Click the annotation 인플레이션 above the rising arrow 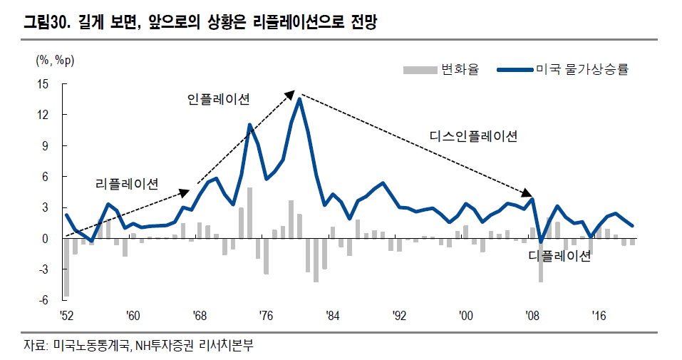pos(218,100)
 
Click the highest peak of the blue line pos(299,99)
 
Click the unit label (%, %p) pos(55,60)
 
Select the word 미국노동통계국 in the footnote pos(90,346)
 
